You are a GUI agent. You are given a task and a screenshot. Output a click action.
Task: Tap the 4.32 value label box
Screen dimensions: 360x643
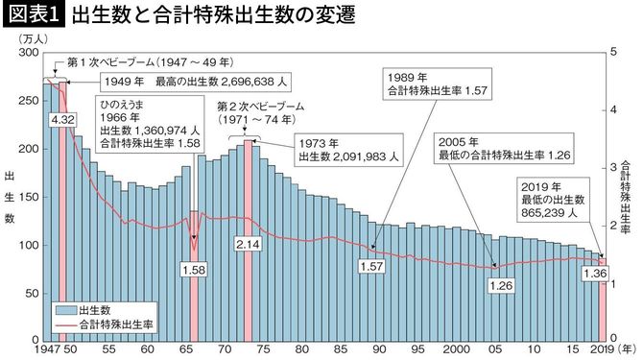point(62,120)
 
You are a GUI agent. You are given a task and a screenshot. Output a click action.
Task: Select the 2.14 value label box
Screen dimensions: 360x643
point(248,245)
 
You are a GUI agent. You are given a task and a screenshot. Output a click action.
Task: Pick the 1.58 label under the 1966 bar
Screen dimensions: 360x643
point(194,271)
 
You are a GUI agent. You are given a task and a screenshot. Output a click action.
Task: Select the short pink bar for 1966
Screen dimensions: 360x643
point(194,230)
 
